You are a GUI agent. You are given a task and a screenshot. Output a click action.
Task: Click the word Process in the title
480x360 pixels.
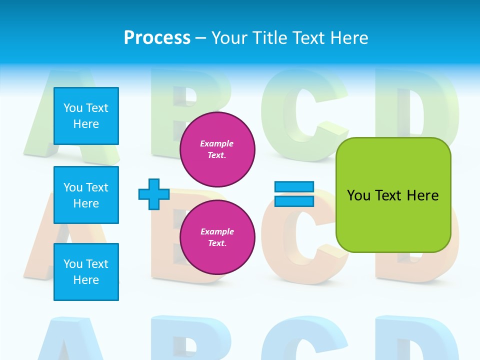[x=157, y=38]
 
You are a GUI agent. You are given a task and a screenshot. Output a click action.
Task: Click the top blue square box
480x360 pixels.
[x=86, y=116]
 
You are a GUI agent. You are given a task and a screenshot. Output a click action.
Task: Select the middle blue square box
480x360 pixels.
[x=86, y=195]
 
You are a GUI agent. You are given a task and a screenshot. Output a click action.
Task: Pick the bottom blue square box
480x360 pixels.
[x=86, y=272]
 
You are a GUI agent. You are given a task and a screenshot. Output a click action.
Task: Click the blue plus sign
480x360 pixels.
[x=154, y=194]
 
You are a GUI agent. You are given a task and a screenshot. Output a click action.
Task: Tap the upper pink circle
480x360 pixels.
[x=217, y=149]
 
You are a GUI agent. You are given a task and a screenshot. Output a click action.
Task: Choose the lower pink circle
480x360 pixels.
[x=217, y=237]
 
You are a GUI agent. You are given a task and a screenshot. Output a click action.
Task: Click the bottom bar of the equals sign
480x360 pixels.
[x=294, y=201]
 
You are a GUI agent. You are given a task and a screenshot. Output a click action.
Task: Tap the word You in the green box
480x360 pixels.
[x=359, y=195]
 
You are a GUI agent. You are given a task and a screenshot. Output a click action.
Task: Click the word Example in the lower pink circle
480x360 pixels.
[x=217, y=231]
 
